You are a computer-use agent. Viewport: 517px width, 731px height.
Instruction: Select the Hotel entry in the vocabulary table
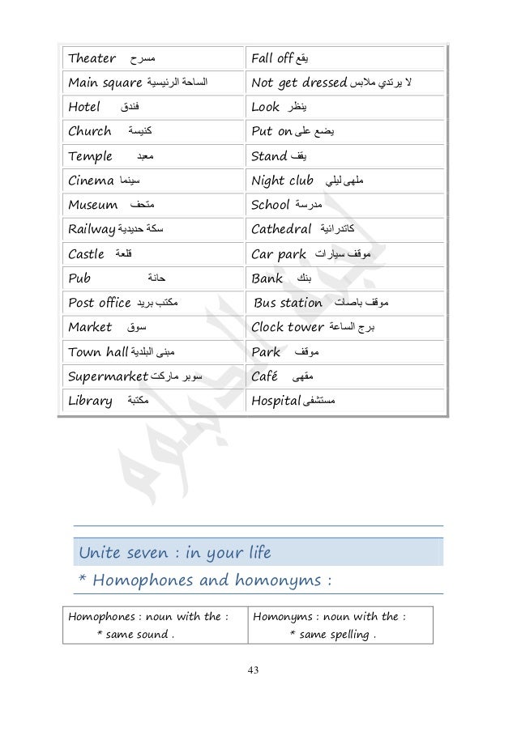tap(85, 106)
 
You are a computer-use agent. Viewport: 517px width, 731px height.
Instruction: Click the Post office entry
tap(100, 304)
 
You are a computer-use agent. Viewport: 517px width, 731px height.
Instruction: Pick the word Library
tap(91, 401)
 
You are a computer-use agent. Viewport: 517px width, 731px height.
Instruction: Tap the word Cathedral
tap(284, 231)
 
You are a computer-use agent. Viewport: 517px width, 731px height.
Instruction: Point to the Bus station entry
tap(288, 304)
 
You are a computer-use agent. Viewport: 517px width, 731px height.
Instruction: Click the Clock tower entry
tap(289, 328)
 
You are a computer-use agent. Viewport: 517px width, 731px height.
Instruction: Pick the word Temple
tap(91, 158)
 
